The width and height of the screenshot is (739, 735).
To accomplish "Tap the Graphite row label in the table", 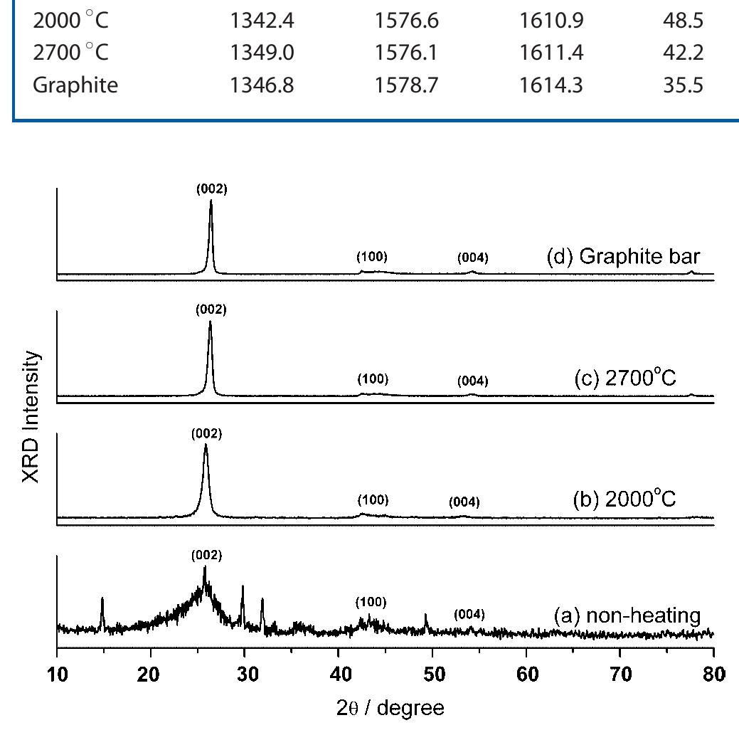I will (x=75, y=85).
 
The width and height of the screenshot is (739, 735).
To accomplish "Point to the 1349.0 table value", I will (x=262, y=54).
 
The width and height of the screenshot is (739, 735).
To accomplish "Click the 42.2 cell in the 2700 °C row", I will (x=683, y=54).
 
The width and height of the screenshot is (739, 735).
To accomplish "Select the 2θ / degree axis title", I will (x=391, y=708).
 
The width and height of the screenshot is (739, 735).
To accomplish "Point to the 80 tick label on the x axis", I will (x=713, y=674).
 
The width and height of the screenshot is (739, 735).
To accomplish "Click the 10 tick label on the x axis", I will (x=57, y=674).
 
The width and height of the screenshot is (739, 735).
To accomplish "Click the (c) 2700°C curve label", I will (x=624, y=379).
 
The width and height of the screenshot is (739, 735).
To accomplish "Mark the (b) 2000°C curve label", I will (x=624, y=499).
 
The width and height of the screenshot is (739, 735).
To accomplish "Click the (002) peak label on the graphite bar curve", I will (x=211, y=189).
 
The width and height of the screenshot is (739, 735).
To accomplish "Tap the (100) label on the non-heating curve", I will (x=371, y=603).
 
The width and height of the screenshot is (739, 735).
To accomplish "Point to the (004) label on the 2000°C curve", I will (x=464, y=502).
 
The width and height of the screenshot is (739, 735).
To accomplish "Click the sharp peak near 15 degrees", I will (x=102, y=599).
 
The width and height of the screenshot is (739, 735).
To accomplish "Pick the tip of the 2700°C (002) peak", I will (x=210, y=322).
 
